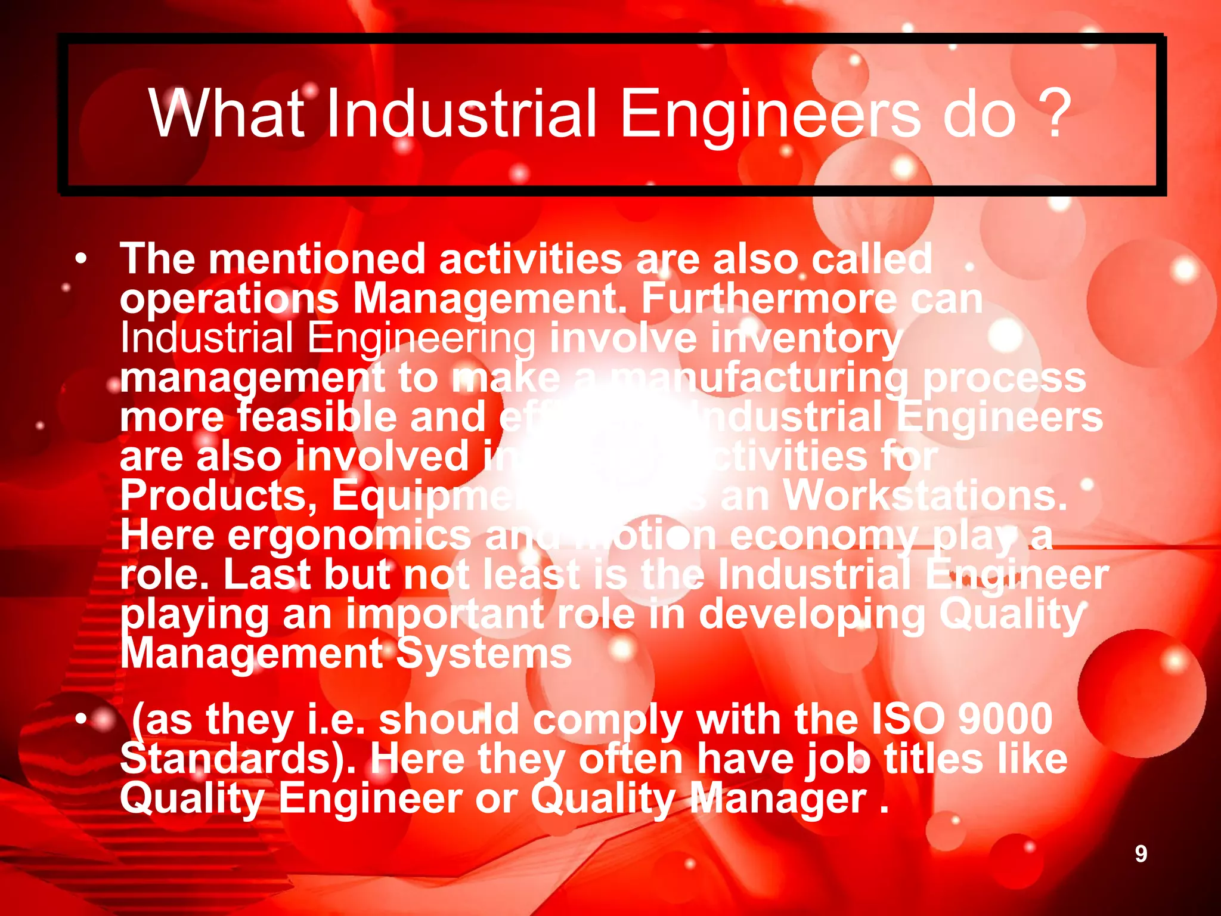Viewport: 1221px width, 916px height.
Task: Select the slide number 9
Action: (x=1141, y=853)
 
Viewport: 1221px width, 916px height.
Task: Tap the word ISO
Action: (x=907, y=719)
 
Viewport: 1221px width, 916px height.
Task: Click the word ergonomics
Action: (x=349, y=536)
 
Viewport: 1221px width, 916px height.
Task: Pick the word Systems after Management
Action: (x=484, y=654)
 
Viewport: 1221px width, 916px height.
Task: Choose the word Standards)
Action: (x=238, y=759)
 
